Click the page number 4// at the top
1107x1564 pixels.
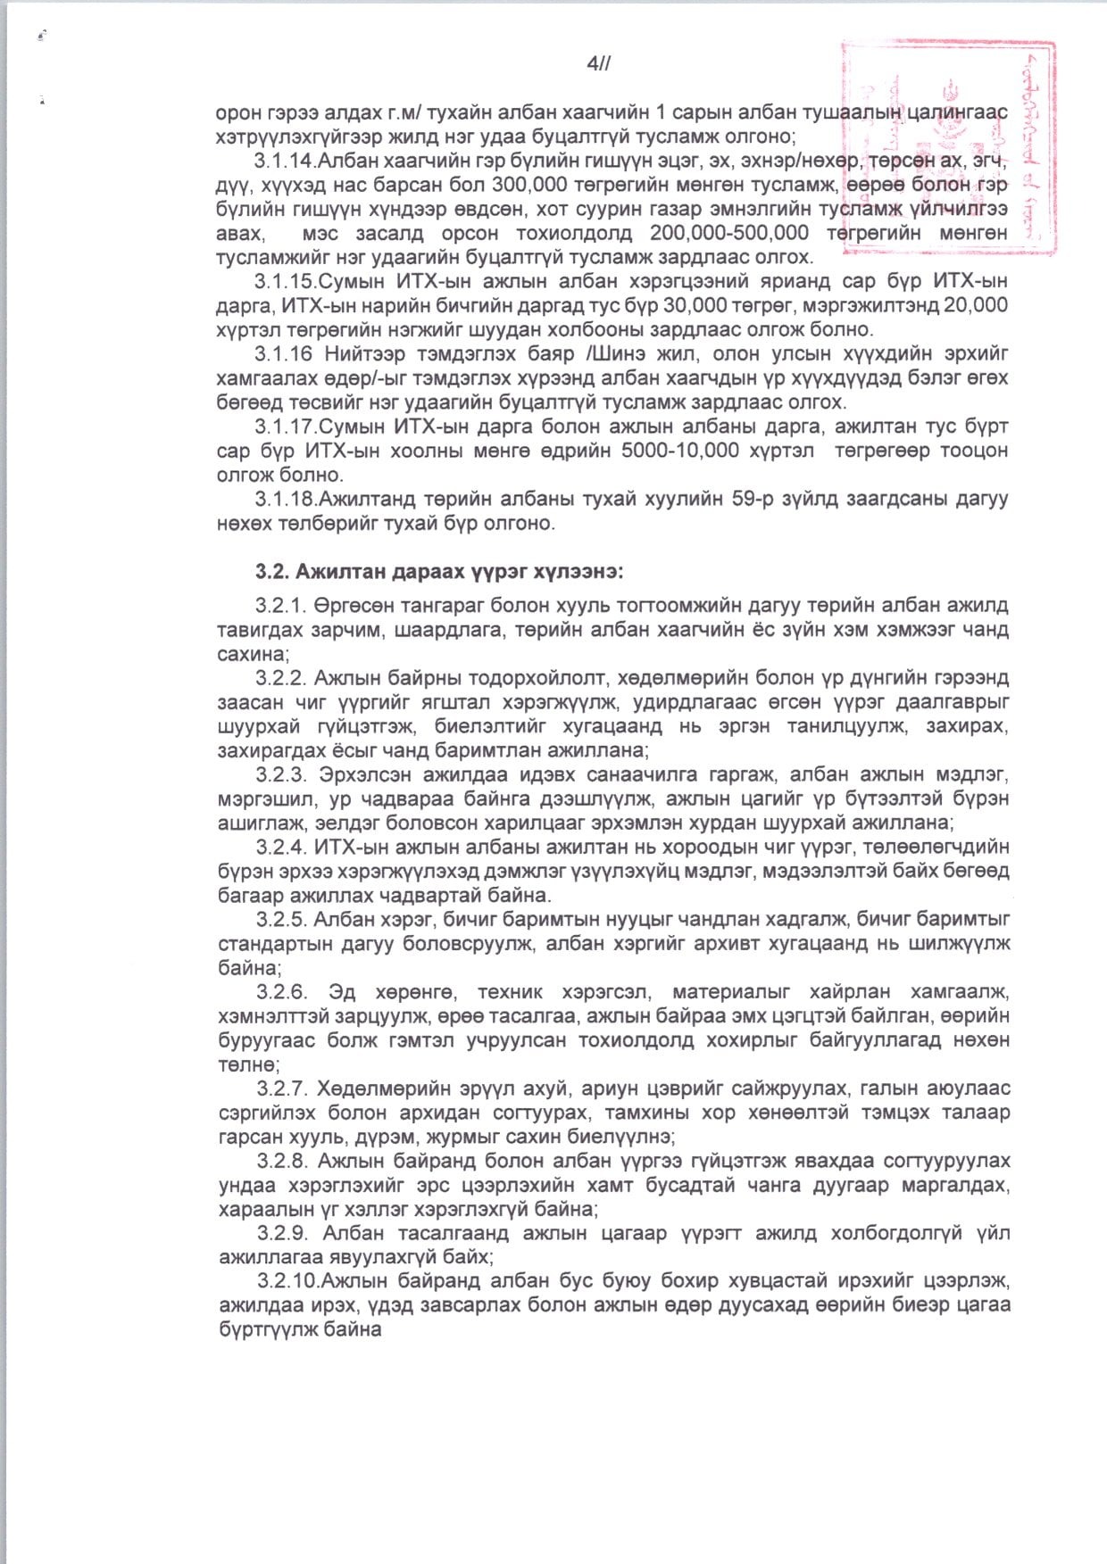click(x=597, y=62)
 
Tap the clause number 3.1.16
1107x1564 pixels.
click(x=287, y=353)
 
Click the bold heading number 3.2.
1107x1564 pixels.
click(x=271, y=570)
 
